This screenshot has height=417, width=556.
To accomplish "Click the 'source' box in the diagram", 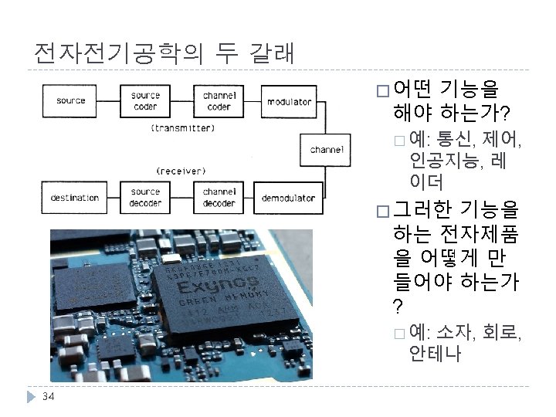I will (70, 101).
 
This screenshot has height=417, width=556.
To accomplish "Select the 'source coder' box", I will (144, 101).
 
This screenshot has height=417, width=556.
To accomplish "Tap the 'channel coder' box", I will (219, 101).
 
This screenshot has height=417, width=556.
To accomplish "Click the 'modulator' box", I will (289, 101).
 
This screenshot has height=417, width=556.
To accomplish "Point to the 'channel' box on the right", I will (327, 150).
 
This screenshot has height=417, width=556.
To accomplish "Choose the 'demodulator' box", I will (288, 198).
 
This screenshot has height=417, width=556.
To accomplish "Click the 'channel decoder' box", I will (219, 198).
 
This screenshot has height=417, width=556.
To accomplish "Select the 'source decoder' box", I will (145, 198).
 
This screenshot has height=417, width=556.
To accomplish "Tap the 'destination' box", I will (75, 198).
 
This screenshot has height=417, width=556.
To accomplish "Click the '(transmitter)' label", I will (183, 128).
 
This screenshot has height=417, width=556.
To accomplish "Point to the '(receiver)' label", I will (181, 170).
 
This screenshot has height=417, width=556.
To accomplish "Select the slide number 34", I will (48, 397).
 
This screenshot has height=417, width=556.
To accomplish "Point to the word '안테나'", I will (436, 354).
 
